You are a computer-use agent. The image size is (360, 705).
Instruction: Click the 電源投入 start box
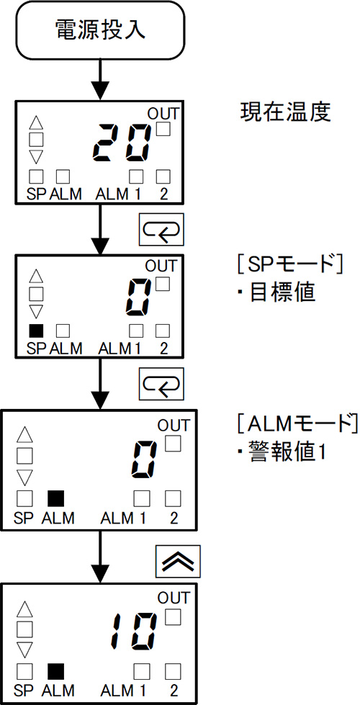[100, 30]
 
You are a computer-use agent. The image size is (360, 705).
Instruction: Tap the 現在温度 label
[285, 113]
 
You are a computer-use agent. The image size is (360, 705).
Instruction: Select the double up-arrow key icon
[178, 561]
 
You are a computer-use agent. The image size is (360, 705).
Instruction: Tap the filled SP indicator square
[36, 331]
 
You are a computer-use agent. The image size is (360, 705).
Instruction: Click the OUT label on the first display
[163, 113]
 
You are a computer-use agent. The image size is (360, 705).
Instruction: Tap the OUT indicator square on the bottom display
[173, 616]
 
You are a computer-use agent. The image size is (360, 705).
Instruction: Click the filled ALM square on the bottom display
[56, 671]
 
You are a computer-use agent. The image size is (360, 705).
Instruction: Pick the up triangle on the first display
[37, 123]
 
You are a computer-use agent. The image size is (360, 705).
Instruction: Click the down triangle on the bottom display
[24, 650]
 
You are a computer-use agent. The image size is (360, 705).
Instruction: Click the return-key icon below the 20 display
[161, 229]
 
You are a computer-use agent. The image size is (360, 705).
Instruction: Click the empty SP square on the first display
[36, 176]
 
